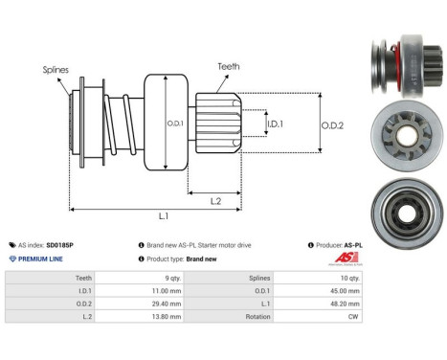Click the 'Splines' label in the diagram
(56, 69)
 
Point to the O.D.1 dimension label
(174, 123)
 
